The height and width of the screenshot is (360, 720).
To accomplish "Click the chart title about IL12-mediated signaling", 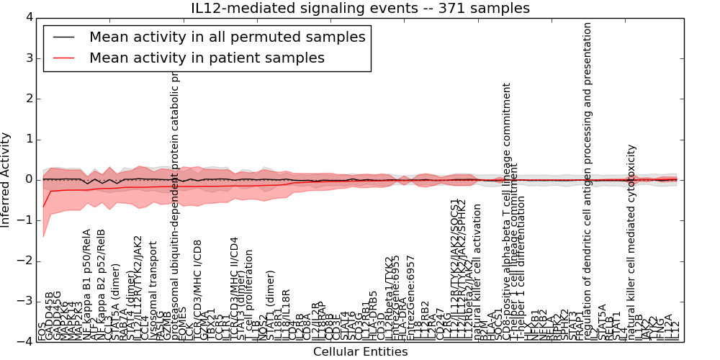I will pos(360,9).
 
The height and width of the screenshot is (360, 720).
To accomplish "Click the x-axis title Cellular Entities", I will pos(360,352).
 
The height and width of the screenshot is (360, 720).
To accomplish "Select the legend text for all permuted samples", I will pos(228,37).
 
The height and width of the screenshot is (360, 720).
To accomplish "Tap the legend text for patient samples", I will pos(207,58).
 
